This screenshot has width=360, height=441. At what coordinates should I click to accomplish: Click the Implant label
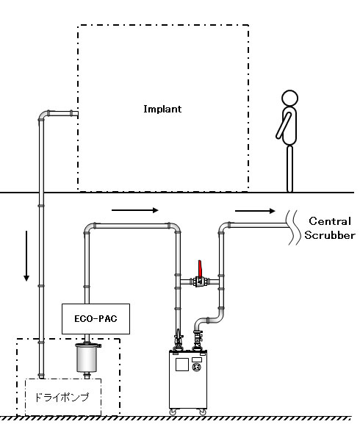click(x=162, y=109)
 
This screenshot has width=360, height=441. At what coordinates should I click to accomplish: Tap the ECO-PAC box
click(x=96, y=319)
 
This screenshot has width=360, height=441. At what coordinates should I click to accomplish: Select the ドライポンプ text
click(x=62, y=397)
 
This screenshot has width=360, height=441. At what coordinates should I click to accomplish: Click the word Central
click(x=330, y=221)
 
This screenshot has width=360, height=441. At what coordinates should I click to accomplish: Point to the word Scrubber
click(x=330, y=235)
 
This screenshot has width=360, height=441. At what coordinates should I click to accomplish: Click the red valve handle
click(x=200, y=269)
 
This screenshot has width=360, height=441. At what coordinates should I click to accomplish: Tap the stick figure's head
click(x=289, y=98)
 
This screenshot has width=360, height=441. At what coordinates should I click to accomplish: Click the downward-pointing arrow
click(x=26, y=256)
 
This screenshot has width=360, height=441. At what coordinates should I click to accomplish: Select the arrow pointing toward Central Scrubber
click(x=255, y=211)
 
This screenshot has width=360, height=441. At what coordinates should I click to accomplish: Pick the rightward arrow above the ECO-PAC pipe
click(x=135, y=210)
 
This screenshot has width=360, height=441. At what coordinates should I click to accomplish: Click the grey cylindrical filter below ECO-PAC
click(x=87, y=357)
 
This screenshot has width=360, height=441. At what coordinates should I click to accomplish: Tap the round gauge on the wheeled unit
click(x=196, y=367)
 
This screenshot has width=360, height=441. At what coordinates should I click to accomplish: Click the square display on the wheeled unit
click(x=182, y=365)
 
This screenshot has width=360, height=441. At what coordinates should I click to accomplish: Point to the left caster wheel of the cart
click(x=172, y=412)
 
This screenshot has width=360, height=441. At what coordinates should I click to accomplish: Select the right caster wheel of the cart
click(x=203, y=412)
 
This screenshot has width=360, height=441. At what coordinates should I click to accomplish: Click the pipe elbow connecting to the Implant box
click(x=43, y=115)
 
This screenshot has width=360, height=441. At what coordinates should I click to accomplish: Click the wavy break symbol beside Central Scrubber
click(x=292, y=227)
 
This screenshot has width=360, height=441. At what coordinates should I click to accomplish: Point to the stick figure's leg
click(x=289, y=168)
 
